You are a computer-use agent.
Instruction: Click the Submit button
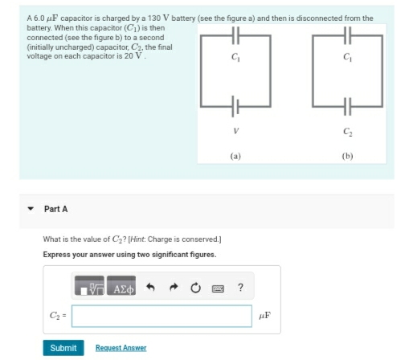click(63, 347)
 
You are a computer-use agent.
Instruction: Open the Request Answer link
click(121, 347)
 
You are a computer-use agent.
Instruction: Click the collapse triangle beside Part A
click(31, 209)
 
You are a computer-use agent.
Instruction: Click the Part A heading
click(55, 209)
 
